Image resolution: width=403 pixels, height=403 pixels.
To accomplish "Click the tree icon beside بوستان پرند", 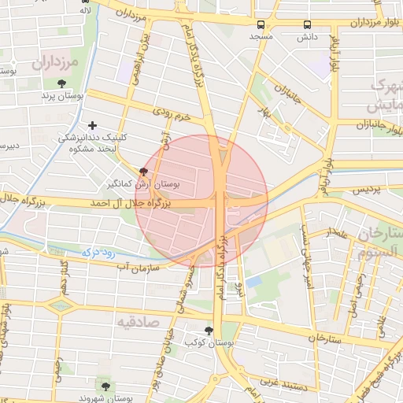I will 61,83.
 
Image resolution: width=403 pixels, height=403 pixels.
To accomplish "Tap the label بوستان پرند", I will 62,96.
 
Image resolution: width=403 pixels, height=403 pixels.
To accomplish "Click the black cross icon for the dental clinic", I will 93,124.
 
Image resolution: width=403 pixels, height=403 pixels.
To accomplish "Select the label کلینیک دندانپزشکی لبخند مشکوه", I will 93,142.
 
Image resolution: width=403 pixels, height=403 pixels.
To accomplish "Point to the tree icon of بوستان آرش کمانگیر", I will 142,171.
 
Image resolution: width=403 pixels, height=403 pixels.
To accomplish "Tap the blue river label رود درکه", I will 99,253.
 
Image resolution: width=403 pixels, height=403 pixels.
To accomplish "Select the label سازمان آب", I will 138,268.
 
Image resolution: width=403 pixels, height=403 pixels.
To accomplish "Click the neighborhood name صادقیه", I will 139,323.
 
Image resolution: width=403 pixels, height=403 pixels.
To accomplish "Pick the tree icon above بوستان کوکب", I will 208,331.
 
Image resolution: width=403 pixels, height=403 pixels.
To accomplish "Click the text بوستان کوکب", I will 202,342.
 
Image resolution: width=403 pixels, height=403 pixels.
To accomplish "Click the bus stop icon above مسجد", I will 261,24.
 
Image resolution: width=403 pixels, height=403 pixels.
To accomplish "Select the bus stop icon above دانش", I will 306,24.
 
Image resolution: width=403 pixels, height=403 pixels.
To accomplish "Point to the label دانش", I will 306,36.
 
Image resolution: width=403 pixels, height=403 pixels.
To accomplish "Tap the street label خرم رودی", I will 172,115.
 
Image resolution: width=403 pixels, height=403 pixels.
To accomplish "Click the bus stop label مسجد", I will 261,36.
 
